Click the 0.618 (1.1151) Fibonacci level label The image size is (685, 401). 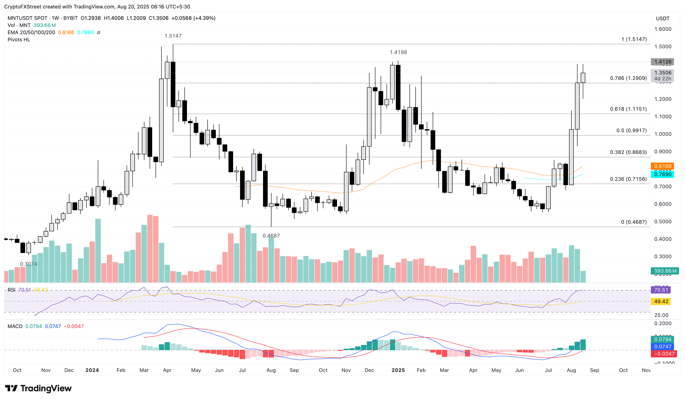point(628,109)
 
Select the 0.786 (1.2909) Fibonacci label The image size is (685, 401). point(628,78)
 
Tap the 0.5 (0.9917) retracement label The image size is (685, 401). point(631,131)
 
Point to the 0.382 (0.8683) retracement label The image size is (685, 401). point(628,152)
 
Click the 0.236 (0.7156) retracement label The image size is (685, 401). point(628,179)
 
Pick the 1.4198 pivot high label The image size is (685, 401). point(398,52)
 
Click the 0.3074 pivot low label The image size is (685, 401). point(28,264)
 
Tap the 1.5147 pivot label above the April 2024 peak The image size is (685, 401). point(173,36)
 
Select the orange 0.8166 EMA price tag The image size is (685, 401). point(662,166)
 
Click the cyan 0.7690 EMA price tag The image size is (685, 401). point(662,174)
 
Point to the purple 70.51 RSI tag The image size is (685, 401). point(661,290)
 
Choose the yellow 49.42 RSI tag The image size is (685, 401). point(661,301)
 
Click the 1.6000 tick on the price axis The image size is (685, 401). point(663,29)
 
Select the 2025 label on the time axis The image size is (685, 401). point(398,370)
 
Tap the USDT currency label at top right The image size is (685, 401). point(662,19)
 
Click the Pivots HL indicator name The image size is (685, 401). point(19,40)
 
